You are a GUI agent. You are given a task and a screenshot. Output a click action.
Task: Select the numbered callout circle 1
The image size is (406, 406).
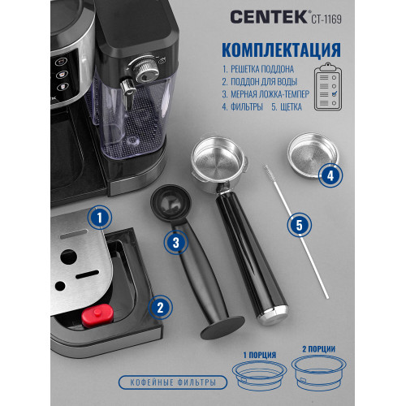point(98,218)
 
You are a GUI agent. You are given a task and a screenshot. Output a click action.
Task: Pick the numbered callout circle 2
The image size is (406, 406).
point(160,307)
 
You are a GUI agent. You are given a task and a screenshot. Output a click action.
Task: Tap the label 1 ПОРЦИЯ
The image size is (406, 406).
point(257,353)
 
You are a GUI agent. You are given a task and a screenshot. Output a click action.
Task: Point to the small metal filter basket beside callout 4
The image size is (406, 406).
point(311,156)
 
